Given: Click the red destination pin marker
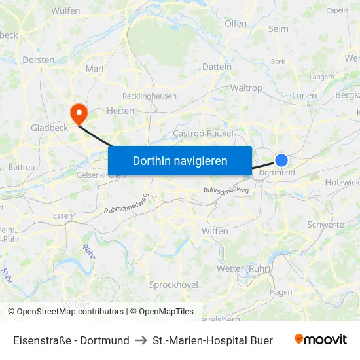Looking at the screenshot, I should tap(79, 113).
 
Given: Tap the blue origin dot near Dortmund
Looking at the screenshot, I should tap(281, 160).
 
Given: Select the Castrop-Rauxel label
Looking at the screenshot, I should tap(203, 134).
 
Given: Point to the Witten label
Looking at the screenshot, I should tap(215, 231).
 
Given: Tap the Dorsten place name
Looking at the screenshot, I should tap(38, 60).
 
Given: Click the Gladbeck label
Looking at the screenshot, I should tap(49, 128).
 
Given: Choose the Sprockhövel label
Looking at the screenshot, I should tap(173, 285).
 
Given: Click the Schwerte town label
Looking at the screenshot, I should tap(325, 225).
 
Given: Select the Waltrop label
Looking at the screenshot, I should tap(246, 88).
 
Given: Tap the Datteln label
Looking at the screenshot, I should tap(217, 67).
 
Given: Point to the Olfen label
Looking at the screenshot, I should tap(236, 24).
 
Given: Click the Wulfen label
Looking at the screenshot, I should tap(65, 10).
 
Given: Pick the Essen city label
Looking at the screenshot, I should tap(63, 215).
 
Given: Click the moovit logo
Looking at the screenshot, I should tap(321, 340).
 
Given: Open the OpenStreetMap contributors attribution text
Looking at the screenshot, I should tap(70, 312).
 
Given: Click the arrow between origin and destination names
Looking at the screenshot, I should tap(141, 340).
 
